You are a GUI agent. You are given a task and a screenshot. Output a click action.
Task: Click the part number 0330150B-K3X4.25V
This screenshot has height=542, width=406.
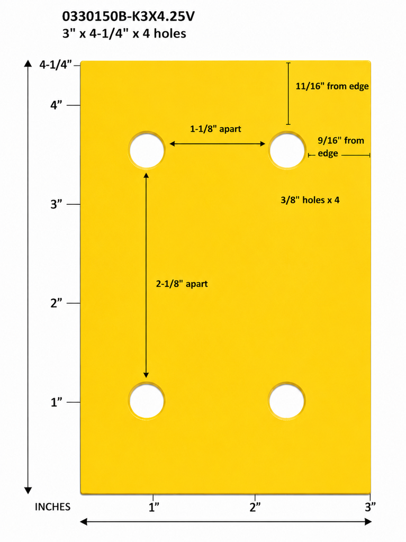coord(128,16)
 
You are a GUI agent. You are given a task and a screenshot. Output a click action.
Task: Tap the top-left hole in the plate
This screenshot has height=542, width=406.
coord(147,150)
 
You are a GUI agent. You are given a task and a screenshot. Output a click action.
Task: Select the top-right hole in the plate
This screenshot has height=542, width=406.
coord(287,150)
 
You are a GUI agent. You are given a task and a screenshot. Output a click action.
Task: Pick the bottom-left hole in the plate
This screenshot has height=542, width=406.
coord(147,401)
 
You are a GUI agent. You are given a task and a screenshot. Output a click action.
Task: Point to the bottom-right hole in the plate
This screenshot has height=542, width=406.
coord(287,401)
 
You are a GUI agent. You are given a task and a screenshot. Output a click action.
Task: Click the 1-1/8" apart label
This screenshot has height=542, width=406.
coord(215,129)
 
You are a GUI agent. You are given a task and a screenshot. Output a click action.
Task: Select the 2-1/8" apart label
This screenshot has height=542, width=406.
coord(182,284)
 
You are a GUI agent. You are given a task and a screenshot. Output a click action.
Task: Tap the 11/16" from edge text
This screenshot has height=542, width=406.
coord(332,86)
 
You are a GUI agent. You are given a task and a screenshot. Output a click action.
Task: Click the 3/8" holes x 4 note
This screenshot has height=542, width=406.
coord(310,200)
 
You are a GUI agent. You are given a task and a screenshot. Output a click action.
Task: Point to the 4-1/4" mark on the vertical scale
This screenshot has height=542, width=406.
coord(56,65)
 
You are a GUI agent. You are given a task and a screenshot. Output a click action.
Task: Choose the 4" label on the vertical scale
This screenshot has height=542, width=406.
coord(56,105)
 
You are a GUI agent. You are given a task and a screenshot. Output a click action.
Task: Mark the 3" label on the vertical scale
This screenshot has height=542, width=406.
coord(56,204)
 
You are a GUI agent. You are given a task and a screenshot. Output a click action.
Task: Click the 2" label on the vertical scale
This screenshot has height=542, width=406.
coord(56,303)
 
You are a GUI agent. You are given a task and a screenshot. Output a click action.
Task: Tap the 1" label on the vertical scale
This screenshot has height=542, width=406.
coord(56,402)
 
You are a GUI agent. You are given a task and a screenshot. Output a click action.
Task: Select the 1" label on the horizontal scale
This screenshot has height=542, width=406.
coord(154,507)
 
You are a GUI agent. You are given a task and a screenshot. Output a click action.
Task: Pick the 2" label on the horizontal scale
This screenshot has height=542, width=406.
coord(255,507)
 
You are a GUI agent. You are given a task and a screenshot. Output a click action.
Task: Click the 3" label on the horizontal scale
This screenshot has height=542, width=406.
coord(370,507)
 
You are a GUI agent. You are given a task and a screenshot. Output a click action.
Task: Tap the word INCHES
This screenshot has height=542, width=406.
coord(52,507)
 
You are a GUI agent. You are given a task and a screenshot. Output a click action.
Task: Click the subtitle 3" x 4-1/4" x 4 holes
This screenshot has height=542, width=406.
coord(124,33)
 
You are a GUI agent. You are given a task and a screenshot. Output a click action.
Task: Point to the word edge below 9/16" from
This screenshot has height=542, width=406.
coord(328,153)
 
